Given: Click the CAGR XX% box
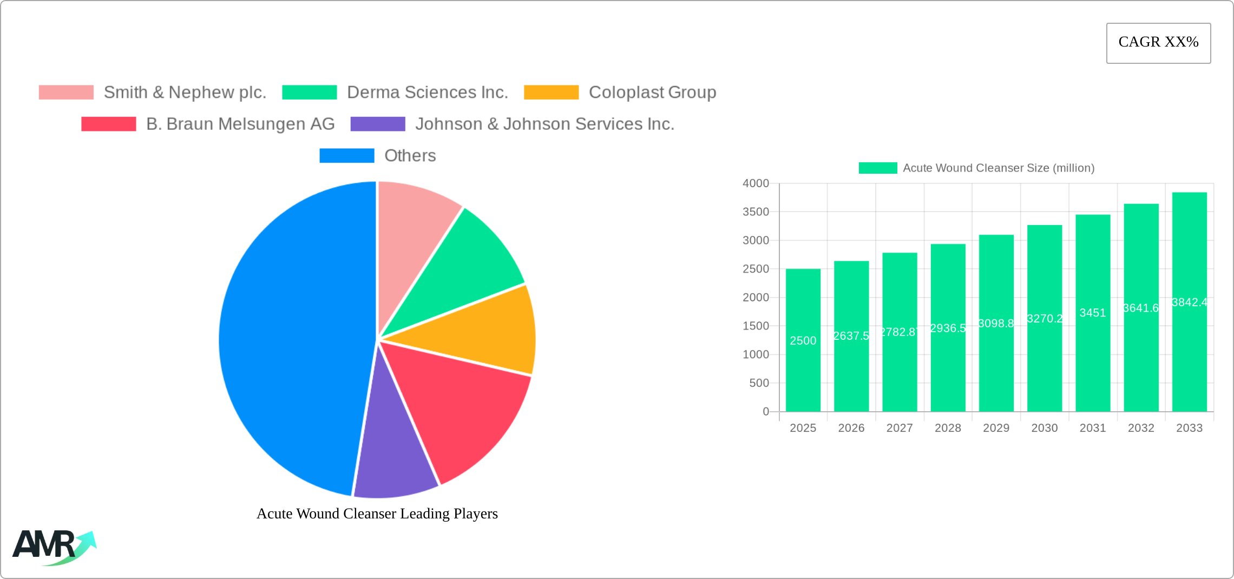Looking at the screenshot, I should pos(1158,43).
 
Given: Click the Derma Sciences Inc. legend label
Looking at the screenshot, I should pos(427,93).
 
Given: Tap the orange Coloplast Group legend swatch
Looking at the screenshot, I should pos(551,93).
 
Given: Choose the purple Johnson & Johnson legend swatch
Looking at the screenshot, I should pos(378,124).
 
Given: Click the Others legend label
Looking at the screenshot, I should pos(410,156).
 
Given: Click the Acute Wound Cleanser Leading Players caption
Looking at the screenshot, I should pos(377,514).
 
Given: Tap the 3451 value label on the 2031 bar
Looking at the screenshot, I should pos(1092,313).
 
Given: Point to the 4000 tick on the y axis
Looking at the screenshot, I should pos(756,183).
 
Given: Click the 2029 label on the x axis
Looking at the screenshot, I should pos(996,428).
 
